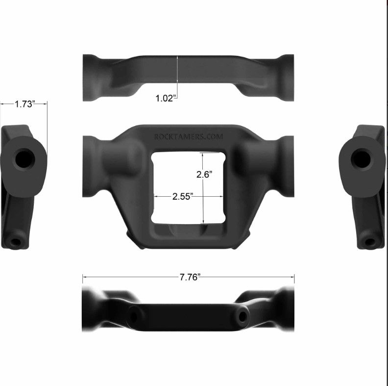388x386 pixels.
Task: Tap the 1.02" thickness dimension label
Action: click(x=165, y=98)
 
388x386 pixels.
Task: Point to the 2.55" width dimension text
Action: click(x=183, y=196)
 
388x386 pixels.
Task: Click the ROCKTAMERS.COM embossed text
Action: click(x=188, y=137)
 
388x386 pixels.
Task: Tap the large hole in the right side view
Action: click(x=362, y=158)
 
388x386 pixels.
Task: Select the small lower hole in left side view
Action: click(x=16, y=242)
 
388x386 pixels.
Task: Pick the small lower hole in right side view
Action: click(x=370, y=242)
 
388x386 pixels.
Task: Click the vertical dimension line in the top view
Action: click(x=178, y=74)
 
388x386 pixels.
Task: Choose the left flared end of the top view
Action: click(x=91, y=77)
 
